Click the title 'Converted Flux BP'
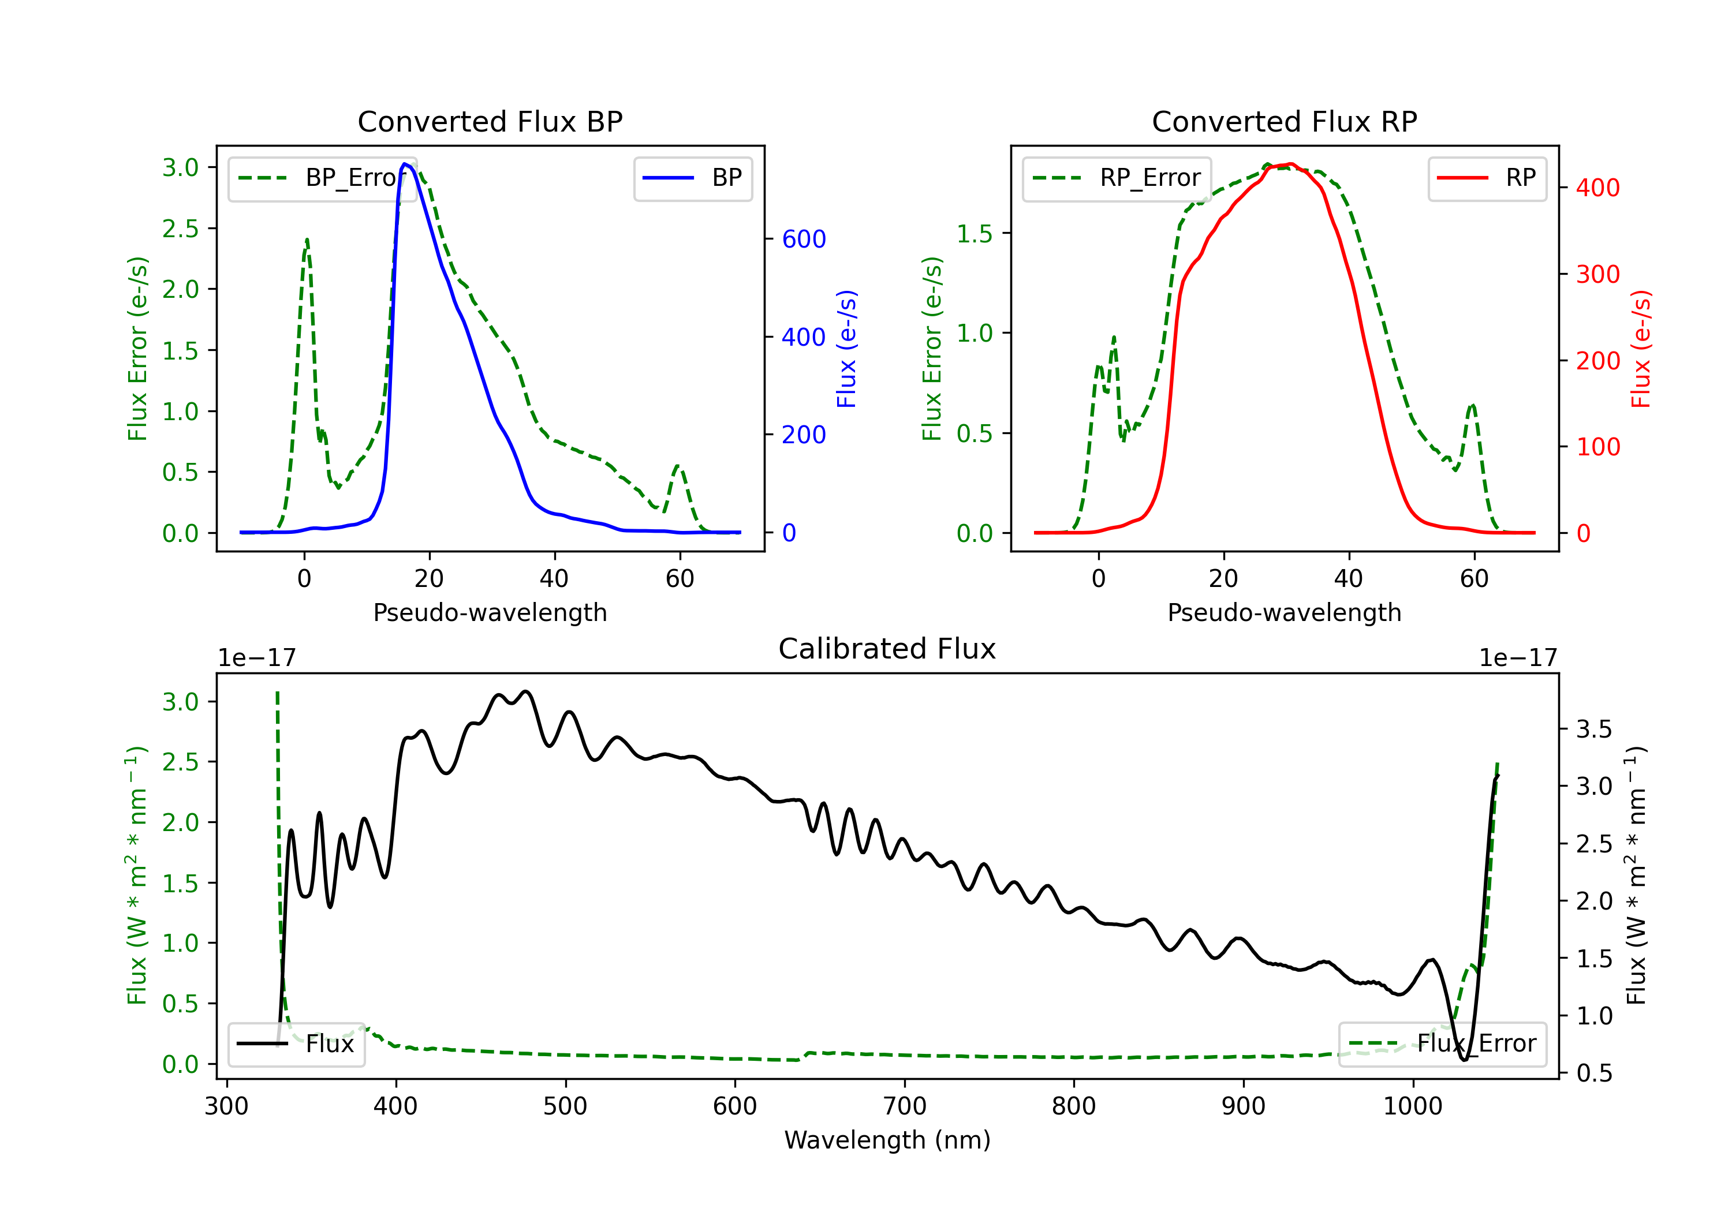click(x=490, y=121)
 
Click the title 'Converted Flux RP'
click(x=1284, y=121)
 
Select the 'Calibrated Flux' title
click(x=887, y=649)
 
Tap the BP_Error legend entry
click(x=322, y=178)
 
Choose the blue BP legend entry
click(x=692, y=178)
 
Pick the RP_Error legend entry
click(x=1117, y=178)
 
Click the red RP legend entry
click(x=1487, y=178)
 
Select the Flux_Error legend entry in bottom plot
click(x=1442, y=1044)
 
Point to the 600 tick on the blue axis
click(x=804, y=239)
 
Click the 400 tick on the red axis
click(x=1597, y=188)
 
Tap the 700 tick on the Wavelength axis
click(x=905, y=1106)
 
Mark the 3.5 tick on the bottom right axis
click(x=1594, y=730)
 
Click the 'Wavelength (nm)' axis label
click(x=887, y=1140)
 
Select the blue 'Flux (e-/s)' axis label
click(x=847, y=349)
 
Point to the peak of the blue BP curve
click(x=405, y=164)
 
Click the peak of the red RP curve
click(x=1291, y=164)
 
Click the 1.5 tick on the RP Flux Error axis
click(x=975, y=233)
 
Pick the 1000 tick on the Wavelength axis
click(x=1413, y=1106)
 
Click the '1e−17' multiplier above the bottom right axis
click(x=1518, y=659)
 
